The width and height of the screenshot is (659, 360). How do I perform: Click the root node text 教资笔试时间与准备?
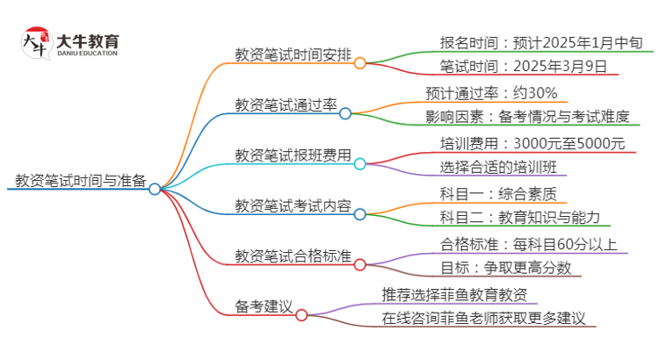point(80,182)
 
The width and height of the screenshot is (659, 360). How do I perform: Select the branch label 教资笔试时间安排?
point(293,55)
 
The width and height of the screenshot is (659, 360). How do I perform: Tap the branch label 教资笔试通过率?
point(286,106)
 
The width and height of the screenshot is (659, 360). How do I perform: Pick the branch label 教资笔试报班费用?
point(293,156)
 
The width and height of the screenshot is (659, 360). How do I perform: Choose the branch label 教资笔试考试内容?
point(293,207)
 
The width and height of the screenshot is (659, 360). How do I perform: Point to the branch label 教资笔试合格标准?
point(293,257)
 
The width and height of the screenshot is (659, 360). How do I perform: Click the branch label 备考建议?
point(264,308)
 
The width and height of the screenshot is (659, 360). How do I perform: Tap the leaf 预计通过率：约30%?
point(498,93)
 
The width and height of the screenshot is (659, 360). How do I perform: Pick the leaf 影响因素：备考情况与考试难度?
point(534,118)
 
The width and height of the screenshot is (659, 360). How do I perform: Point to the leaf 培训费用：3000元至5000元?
point(532,143)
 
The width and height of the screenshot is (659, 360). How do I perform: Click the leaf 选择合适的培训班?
point(497,168)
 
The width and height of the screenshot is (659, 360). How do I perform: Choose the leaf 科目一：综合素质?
point(497,193)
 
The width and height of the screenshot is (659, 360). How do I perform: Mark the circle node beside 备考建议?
point(301,314)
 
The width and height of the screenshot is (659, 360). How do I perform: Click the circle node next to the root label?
point(155,189)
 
